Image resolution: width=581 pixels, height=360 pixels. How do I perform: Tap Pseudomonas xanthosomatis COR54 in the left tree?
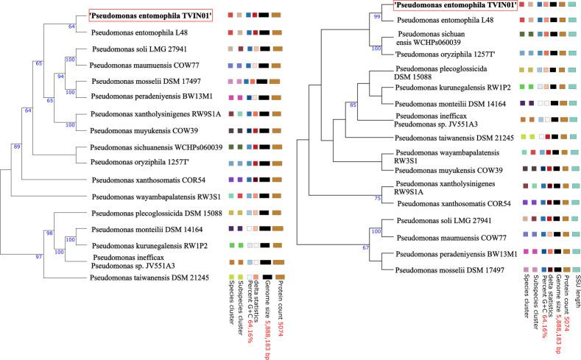[x=139, y=180]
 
